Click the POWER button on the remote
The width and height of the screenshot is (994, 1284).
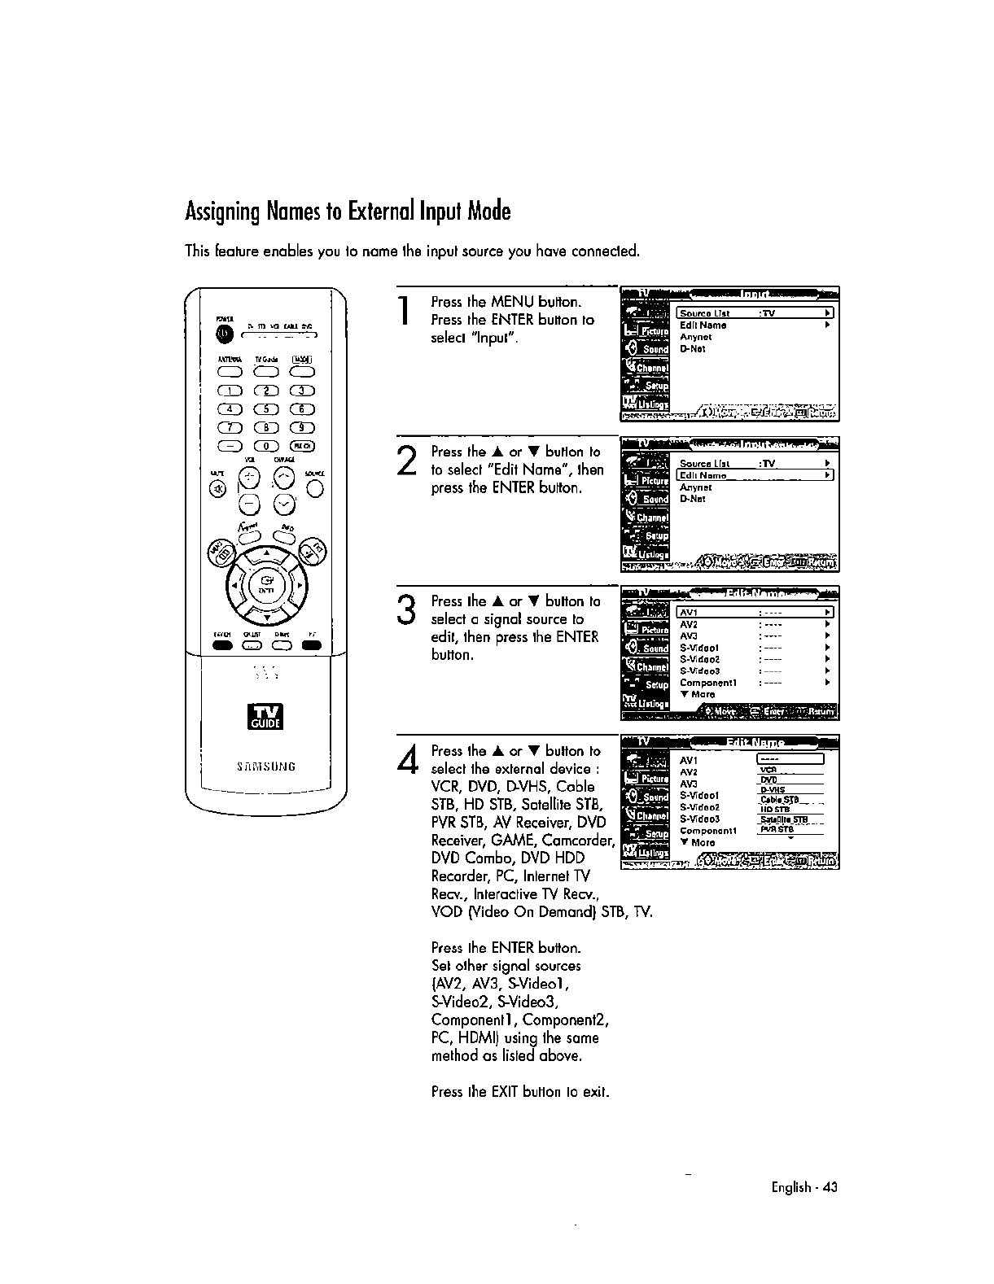click(x=221, y=334)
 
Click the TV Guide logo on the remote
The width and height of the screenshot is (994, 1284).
click(x=265, y=718)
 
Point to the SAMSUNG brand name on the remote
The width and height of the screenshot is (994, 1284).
click(x=265, y=766)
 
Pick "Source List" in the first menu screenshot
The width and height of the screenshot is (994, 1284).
click(x=705, y=313)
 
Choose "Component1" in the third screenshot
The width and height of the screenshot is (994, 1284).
click(x=708, y=683)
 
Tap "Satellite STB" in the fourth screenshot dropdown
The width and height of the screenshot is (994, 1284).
click(x=783, y=819)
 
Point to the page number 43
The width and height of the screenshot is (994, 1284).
click(x=830, y=1187)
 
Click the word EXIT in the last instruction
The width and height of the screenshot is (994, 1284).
click(x=506, y=1091)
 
